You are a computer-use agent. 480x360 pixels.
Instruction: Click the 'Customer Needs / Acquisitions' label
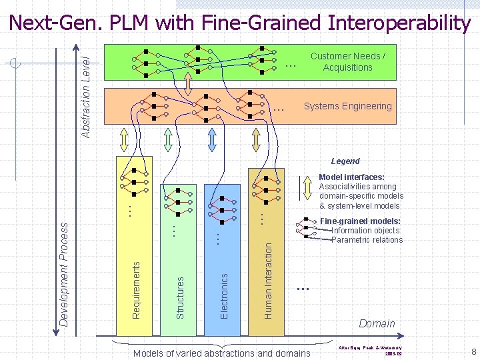pos(347,62)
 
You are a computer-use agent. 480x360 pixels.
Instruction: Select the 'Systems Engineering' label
pos(347,106)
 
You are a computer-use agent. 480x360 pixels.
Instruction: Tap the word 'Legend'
pos(345,161)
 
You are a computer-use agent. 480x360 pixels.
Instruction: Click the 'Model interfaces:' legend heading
pos(351,177)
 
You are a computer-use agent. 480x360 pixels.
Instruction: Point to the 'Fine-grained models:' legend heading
pos(360,221)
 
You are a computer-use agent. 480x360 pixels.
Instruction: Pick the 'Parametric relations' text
pos(367,240)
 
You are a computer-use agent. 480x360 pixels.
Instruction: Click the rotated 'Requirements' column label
pos(136,288)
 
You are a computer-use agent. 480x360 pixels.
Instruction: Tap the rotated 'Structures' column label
pos(179,293)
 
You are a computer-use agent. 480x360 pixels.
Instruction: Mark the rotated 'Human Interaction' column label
pos(268,279)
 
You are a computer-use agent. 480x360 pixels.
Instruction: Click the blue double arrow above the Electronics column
pos(212,139)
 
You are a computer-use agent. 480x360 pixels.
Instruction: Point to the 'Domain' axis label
pos(377,323)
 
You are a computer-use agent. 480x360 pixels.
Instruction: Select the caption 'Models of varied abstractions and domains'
pos(221,353)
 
